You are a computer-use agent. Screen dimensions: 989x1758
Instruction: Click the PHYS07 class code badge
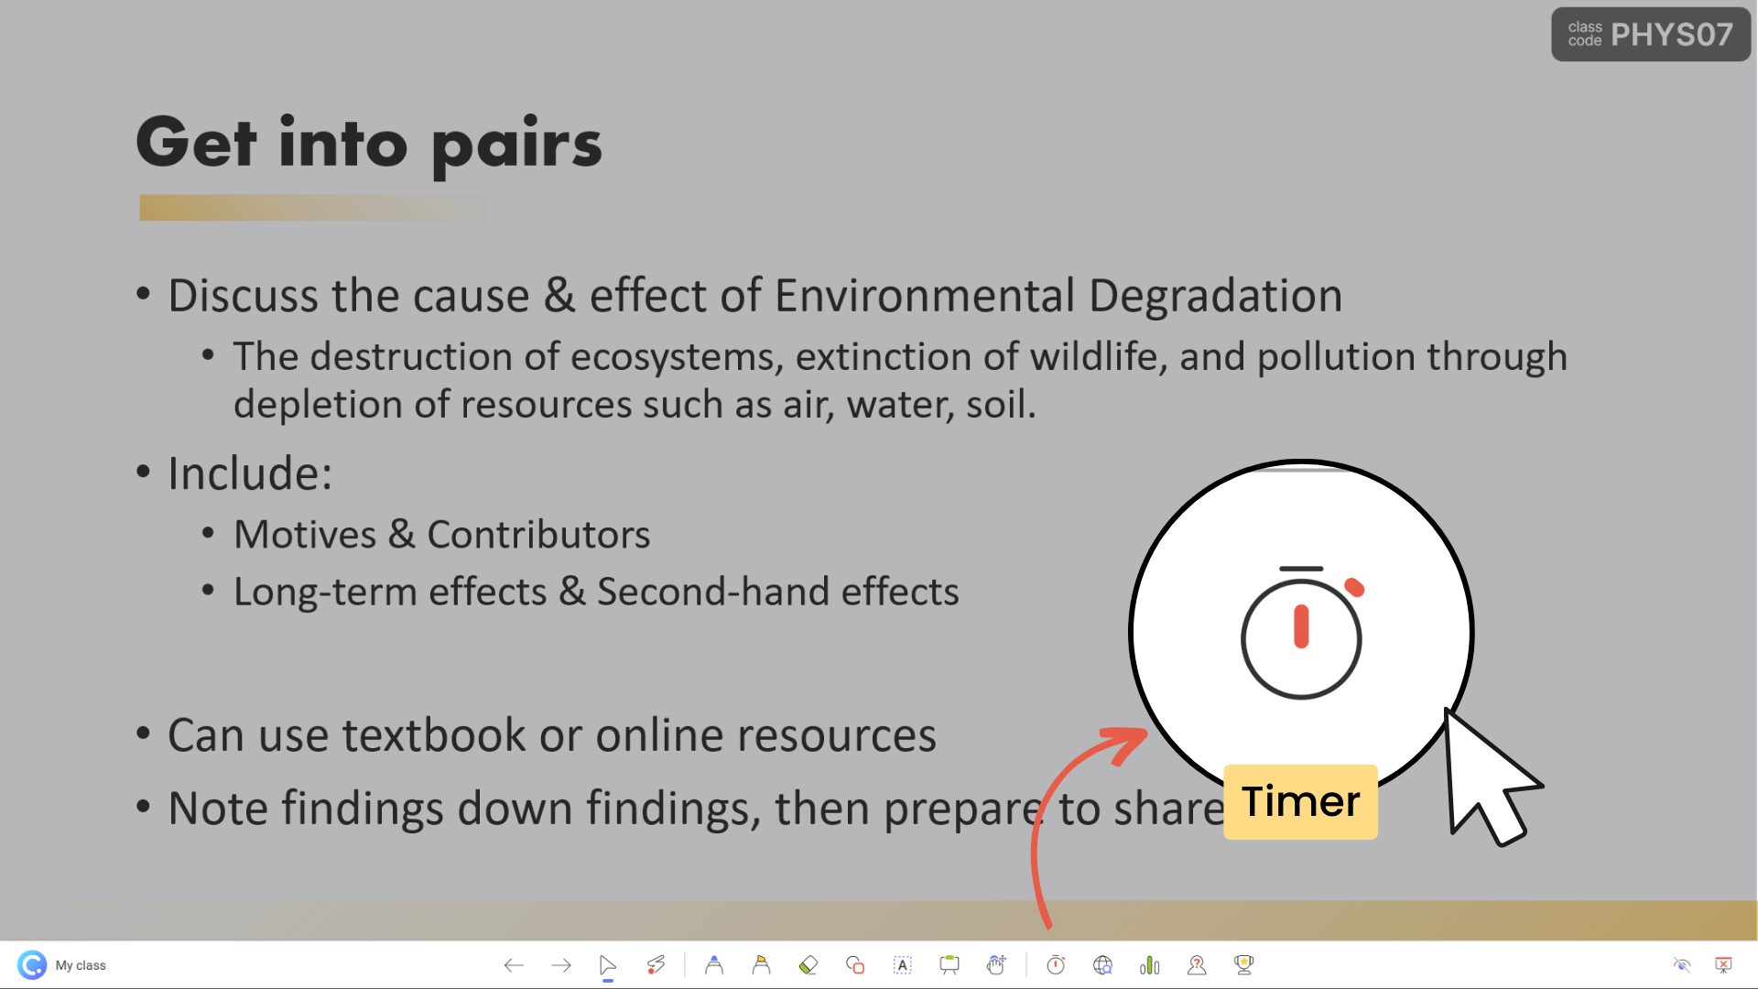1650,35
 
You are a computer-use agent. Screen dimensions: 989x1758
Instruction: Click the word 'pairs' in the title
515,145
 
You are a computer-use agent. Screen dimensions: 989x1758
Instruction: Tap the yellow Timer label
1300,801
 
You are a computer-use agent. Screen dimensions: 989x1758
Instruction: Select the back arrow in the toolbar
514,965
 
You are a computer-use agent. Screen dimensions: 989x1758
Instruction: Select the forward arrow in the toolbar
561,965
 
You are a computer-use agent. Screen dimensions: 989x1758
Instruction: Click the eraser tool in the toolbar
808,965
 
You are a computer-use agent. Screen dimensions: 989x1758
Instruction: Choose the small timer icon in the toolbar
1056,965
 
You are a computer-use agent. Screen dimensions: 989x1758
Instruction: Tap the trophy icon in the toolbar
1243,964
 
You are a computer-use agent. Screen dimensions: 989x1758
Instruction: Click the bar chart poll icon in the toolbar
1149,965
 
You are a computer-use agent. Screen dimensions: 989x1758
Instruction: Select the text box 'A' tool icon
902,965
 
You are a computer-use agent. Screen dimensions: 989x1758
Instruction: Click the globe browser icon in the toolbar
1102,965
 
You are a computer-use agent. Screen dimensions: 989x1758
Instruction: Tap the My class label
81,965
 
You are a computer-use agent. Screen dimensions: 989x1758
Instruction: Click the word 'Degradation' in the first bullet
1215,296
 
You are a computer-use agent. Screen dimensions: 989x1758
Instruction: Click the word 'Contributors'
538,535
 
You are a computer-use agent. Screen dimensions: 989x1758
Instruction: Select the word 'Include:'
250,473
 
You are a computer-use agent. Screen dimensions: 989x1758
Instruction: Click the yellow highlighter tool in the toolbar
761,965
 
